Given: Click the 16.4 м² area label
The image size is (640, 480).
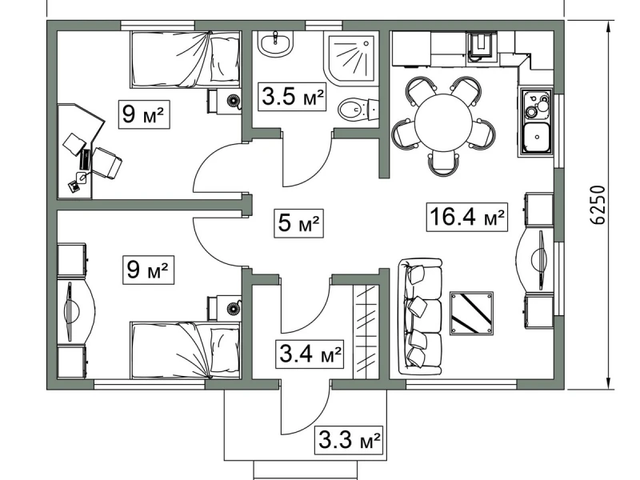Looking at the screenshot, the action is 467,217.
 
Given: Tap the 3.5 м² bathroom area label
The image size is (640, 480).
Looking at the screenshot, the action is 292,96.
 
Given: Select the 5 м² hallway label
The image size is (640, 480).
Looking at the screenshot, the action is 298,223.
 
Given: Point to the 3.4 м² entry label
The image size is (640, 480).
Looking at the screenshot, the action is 310,354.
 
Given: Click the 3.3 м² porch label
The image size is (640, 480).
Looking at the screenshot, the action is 349,440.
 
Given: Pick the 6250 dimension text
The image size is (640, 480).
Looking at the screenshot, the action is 598,205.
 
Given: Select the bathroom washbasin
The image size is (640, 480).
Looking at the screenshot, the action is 275,43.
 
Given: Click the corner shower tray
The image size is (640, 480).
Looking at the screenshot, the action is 351,59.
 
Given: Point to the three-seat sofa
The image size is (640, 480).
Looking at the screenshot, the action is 420,316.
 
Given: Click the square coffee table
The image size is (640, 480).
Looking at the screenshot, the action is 471,313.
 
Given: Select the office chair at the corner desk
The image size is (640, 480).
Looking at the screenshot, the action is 107,162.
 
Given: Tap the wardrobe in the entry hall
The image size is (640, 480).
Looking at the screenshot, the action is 366,332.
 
